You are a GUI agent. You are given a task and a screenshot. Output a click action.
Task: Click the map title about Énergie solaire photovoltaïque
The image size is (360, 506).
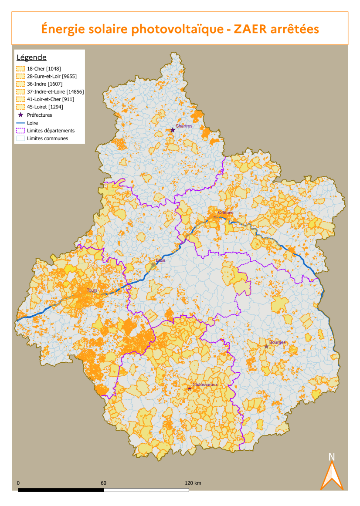(x=180, y=29)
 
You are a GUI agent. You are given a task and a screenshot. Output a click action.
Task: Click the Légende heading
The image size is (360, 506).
(x=31, y=57)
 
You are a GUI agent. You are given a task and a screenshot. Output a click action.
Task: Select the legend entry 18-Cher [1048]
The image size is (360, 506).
(x=44, y=68)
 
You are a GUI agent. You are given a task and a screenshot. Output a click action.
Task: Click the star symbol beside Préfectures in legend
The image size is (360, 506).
(x=20, y=115)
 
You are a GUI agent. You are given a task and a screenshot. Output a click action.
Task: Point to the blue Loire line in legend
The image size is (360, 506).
(x=20, y=123)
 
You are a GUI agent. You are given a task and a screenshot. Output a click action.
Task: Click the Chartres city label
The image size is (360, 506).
(x=184, y=126)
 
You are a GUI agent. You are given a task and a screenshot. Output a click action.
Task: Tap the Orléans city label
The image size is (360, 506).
(x=226, y=213)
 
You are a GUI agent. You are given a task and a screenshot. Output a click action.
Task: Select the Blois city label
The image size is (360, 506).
(x=160, y=260)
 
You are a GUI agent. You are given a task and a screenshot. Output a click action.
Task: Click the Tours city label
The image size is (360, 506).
(x=92, y=290)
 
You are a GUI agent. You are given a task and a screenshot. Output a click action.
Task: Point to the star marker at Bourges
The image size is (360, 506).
(x=266, y=346)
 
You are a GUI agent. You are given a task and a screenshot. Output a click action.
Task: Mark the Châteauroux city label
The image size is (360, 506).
(x=205, y=385)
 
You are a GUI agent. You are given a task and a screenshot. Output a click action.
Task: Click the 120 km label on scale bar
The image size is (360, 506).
(x=193, y=483)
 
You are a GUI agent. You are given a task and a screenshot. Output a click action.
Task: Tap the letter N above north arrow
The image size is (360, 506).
(x=332, y=457)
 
